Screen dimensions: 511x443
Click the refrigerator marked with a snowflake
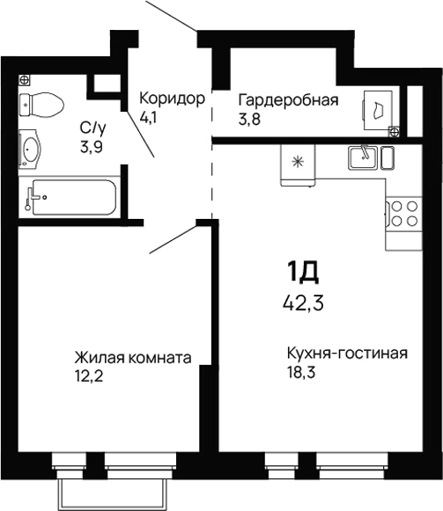pos(297,163)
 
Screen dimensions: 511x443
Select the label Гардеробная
pos(288,99)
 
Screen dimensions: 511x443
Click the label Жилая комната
pos(133,358)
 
